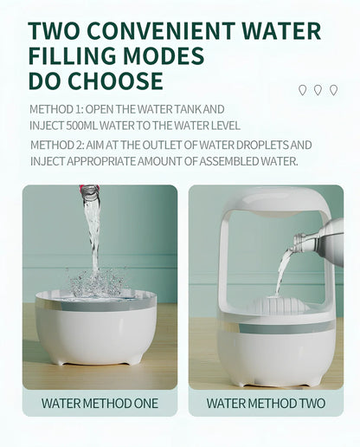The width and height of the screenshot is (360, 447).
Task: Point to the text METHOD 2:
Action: pyautogui.click(x=56, y=145)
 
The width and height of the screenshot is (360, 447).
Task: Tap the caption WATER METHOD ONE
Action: pyautogui.click(x=100, y=403)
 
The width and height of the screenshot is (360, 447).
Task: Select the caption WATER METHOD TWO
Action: pyautogui.click(x=266, y=403)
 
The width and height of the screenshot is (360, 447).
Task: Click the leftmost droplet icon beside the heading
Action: pyautogui.click(x=302, y=89)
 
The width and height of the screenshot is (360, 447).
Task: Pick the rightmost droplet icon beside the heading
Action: pyautogui.click(x=333, y=89)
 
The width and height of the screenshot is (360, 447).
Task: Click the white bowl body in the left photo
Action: pyautogui.click(x=95, y=334)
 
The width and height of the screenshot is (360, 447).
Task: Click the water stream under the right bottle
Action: pyautogui.click(x=282, y=273)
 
